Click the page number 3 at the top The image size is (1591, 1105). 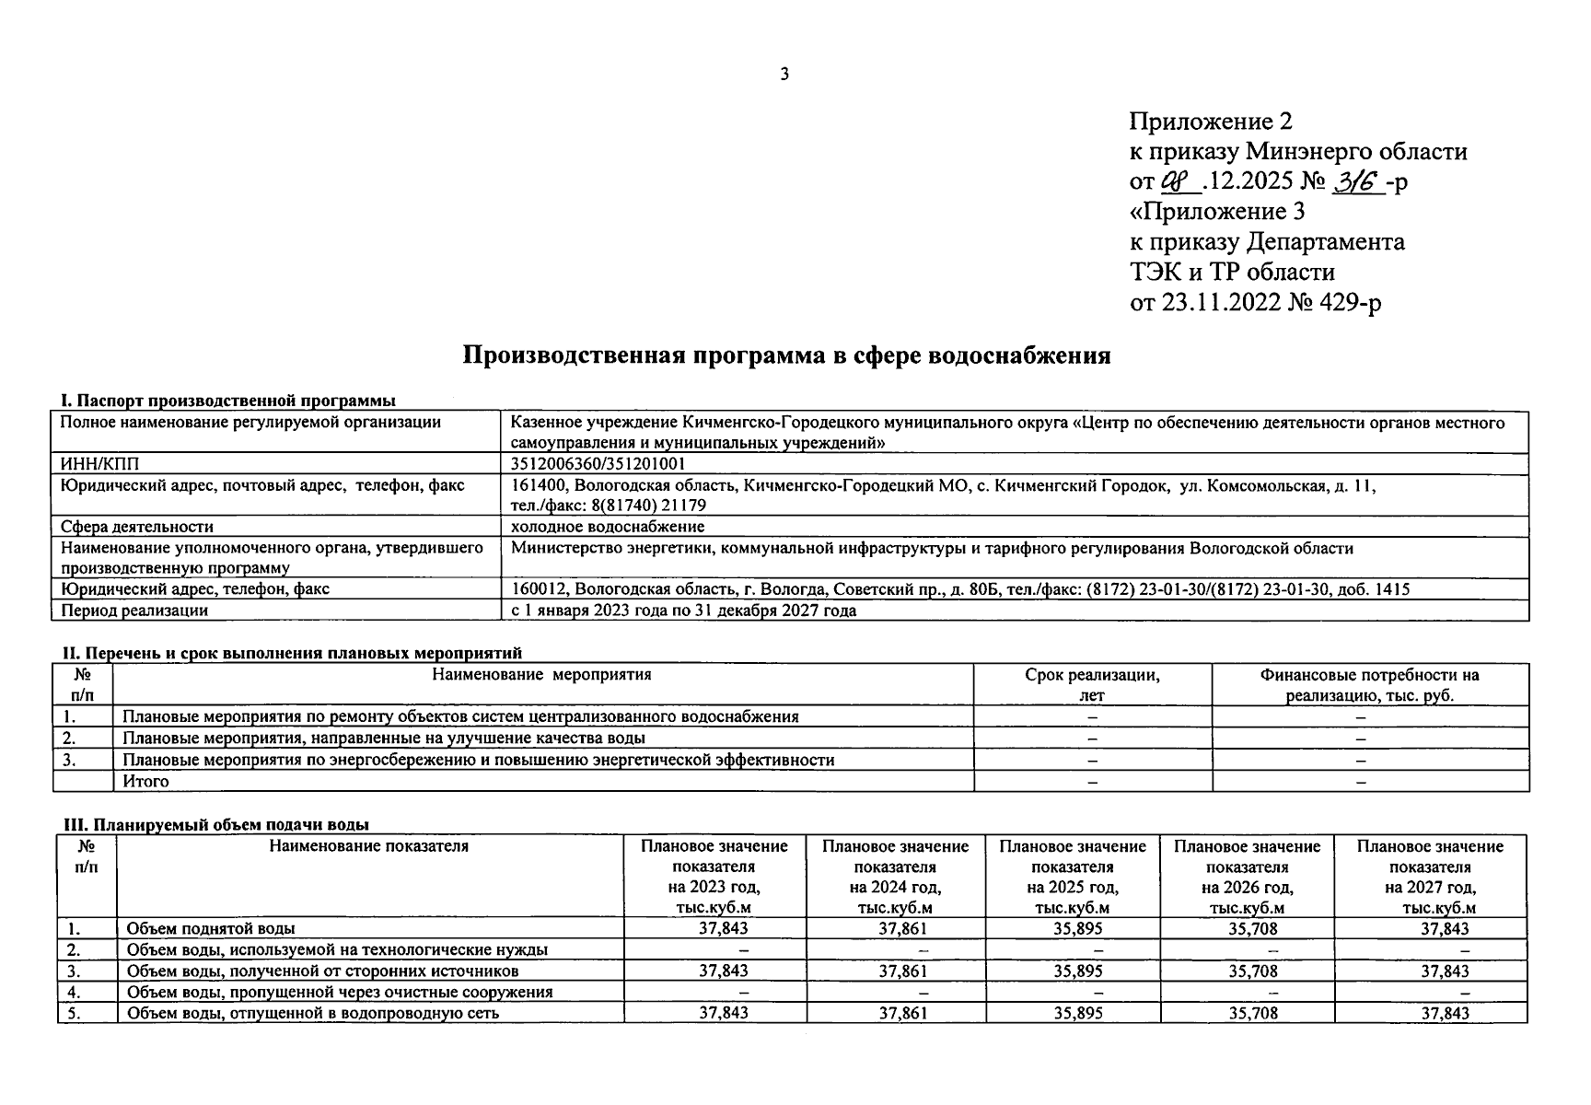784,75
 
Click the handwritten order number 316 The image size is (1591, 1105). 1358,180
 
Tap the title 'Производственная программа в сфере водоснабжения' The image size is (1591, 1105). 785,355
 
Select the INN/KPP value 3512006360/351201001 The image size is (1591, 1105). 598,464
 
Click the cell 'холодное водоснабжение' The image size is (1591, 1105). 608,527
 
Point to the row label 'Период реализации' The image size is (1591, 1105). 134,611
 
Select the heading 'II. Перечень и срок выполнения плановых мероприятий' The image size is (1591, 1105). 291,653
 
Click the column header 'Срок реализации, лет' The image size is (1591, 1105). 1092,685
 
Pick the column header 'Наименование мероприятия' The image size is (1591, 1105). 541,675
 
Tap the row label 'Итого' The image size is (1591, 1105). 146,781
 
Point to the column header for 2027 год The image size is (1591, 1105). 1429,876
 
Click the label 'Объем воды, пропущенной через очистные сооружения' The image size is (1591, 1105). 340,992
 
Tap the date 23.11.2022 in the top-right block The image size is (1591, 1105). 1222,302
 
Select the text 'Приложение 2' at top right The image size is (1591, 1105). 1211,122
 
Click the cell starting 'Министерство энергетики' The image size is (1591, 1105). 932,549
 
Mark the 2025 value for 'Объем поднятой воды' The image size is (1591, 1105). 1077,929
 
